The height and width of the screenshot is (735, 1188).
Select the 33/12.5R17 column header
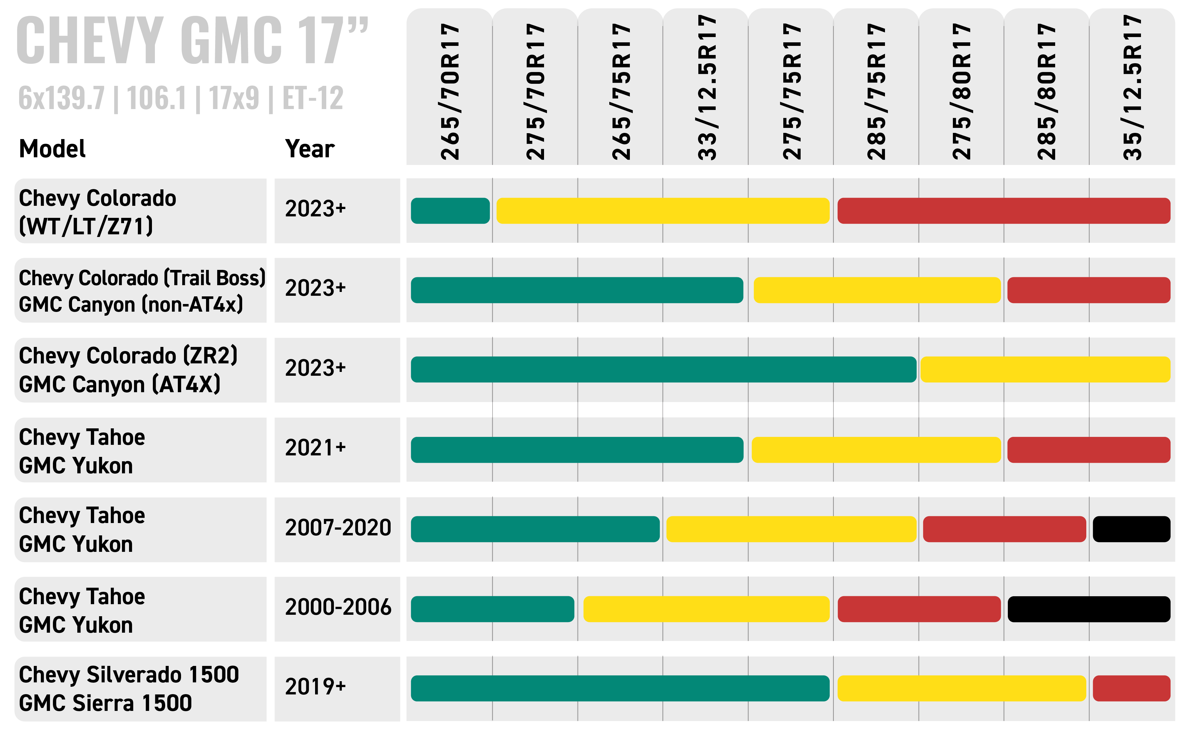[x=706, y=88]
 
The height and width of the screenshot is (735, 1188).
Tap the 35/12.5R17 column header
[x=1132, y=88]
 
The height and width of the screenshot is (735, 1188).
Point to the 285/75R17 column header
[x=876, y=91]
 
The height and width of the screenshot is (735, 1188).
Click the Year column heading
[x=309, y=149]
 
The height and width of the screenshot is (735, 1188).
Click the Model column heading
[x=52, y=149]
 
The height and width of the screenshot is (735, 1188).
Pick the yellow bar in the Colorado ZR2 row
[x=1045, y=370]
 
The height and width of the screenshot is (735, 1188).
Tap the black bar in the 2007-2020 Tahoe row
[x=1131, y=529]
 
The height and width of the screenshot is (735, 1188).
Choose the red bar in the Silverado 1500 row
[x=1131, y=688]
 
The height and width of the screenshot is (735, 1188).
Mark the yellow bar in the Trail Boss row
[x=876, y=290]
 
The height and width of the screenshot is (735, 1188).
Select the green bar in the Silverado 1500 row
[x=620, y=688]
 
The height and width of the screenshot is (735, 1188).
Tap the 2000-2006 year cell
[x=338, y=607]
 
